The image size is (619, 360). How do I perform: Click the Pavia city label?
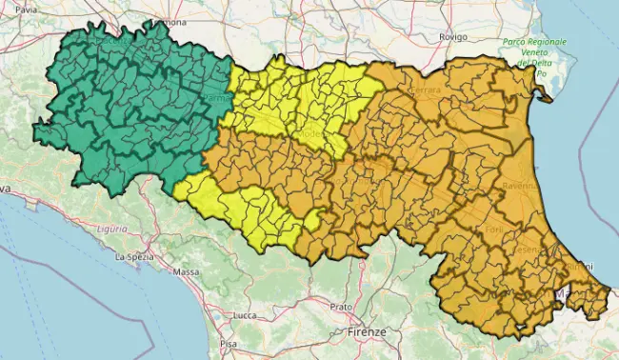27,9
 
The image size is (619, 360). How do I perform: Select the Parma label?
215,98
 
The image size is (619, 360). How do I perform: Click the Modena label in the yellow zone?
311,135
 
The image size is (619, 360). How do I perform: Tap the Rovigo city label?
452,36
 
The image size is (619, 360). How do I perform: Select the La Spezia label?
134,256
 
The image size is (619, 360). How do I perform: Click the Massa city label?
186,272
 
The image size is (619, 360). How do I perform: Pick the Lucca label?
245,315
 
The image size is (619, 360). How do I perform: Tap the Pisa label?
229,343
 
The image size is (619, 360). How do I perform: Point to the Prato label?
341,308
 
